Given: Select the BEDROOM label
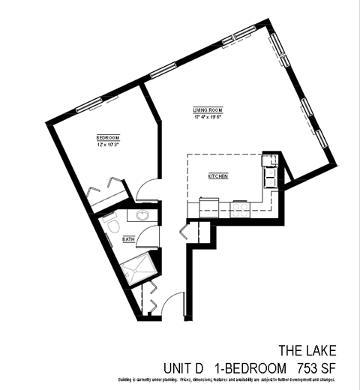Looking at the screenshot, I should click(x=108, y=137).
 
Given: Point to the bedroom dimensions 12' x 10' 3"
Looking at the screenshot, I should click(x=109, y=144).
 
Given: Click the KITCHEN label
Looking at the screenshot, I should click(x=218, y=175).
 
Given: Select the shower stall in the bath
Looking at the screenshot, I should click(x=137, y=266).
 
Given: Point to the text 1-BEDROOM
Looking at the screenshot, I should click(x=250, y=367).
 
